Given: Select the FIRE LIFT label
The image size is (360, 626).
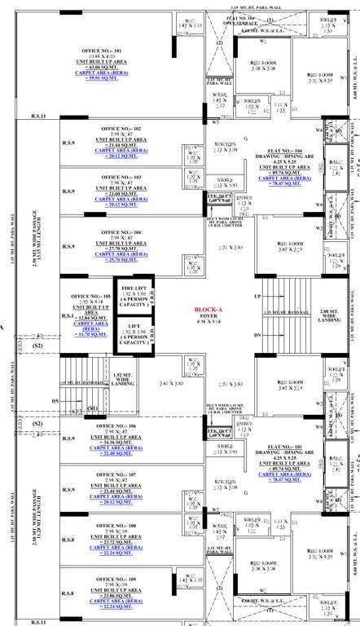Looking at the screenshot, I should [134, 289].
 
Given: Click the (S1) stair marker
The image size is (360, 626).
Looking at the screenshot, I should [92, 408].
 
